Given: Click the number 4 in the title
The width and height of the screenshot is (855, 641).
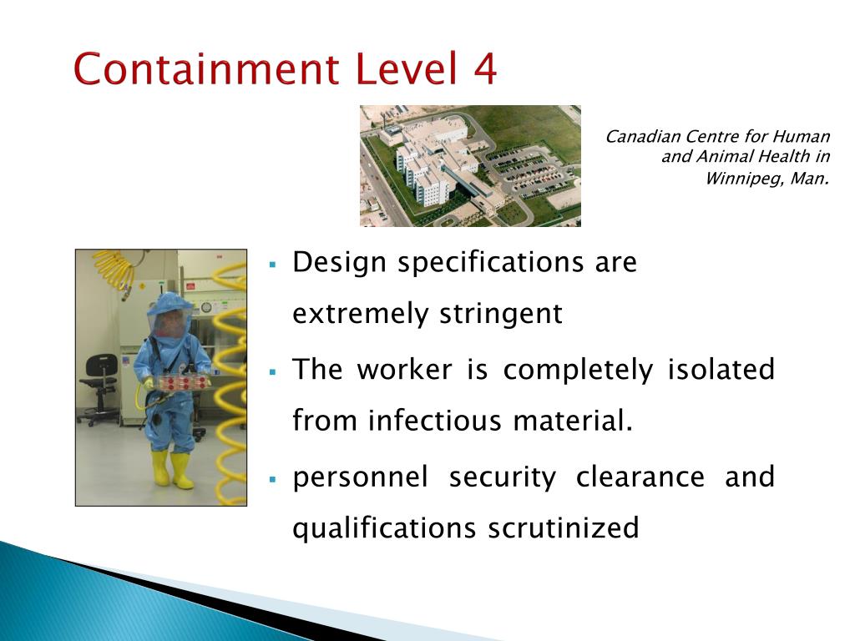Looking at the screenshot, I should click(x=482, y=68).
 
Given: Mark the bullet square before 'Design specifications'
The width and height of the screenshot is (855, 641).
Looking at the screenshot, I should click(x=272, y=265).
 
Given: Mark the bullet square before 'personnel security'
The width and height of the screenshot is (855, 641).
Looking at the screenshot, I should click(x=272, y=479).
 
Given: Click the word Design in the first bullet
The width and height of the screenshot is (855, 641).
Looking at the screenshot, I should click(x=339, y=263).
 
